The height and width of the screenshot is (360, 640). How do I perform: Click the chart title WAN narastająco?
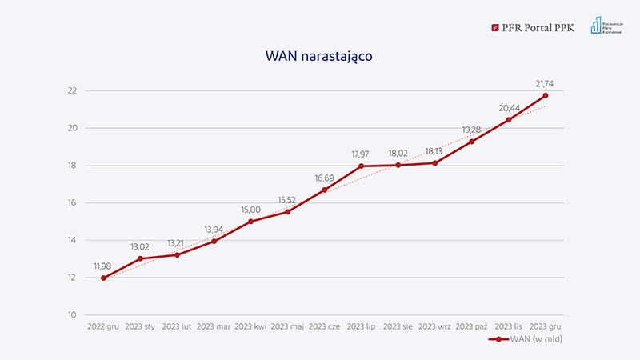pyautogui.click(x=319, y=57)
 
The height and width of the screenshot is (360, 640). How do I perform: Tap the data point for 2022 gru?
pyautogui.click(x=104, y=278)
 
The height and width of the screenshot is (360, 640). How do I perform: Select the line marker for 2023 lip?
pyautogui.click(x=362, y=166)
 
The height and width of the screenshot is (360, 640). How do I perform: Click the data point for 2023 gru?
pyautogui.click(x=546, y=95)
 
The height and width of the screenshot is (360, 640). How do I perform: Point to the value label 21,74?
pyautogui.click(x=546, y=83)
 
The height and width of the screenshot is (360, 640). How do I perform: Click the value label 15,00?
pyautogui.click(x=251, y=210)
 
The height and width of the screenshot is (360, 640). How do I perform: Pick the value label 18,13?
pyautogui.click(x=435, y=151)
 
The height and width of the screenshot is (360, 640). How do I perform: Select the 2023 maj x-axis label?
pyautogui.click(x=288, y=326)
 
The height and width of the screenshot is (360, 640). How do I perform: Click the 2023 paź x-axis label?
pyautogui.click(x=472, y=326)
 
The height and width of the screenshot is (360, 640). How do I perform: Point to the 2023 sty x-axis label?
pyautogui.click(x=141, y=326)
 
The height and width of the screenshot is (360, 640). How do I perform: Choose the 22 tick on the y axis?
pyautogui.click(x=72, y=90)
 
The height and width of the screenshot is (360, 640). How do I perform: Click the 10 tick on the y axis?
pyautogui.click(x=72, y=315)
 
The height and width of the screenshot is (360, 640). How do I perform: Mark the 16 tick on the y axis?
pyautogui.click(x=72, y=203)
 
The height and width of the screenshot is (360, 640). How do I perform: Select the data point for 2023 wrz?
pyautogui.click(x=435, y=163)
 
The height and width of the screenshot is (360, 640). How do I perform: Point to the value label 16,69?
pyautogui.click(x=325, y=178)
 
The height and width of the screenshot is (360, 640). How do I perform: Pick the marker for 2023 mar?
pyautogui.click(x=214, y=241)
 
